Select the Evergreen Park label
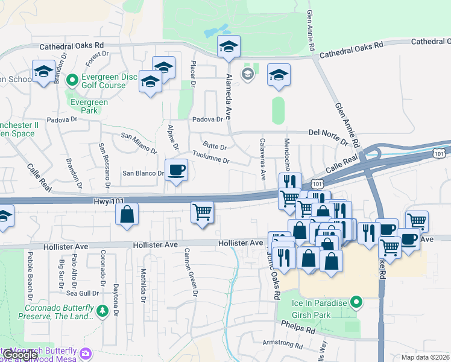tap(89, 107)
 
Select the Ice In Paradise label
tap(320, 302)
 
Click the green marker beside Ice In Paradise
tap(356, 302)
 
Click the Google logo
tap(21, 355)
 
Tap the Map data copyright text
tap(426, 357)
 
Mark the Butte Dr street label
tap(215, 146)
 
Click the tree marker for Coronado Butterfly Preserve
tap(103, 310)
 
